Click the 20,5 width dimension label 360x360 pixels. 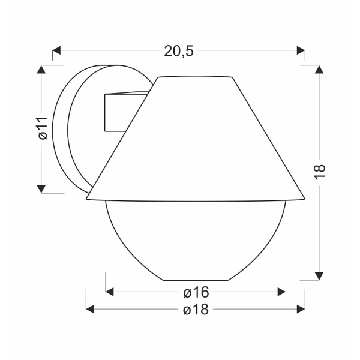pyautogui.click(x=179, y=51)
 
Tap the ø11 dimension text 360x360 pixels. pyautogui.click(x=41, y=128)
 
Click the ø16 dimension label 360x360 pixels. pyautogui.click(x=195, y=292)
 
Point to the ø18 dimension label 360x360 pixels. pyautogui.click(x=195, y=310)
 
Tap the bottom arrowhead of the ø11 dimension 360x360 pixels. pyautogui.click(x=41, y=189)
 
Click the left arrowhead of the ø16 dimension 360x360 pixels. pyautogui.click(x=110, y=292)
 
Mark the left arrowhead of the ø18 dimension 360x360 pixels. pyautogui.click(x=91, y=310)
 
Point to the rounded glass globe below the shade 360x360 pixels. pyautogui.click(x=195, y=240)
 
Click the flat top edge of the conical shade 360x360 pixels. pyautogui.click(x=194, y=77)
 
